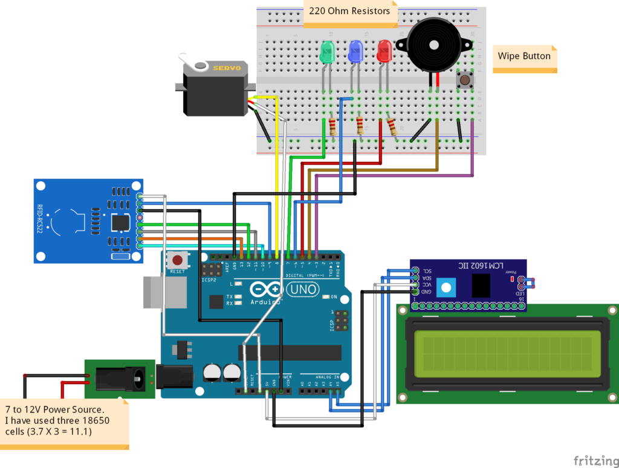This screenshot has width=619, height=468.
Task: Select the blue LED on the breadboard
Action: tap(356, 51)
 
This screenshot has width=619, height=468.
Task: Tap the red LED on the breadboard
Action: tap(384, 51)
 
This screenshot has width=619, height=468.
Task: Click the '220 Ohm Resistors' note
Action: tap(349, 11)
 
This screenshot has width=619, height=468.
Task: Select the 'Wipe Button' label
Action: tap(524, 56)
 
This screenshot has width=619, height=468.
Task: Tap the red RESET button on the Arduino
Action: tap(178, 261)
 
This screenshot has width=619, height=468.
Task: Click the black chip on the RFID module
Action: tap(121, 222)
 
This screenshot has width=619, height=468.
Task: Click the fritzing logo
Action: tap(591, 460)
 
